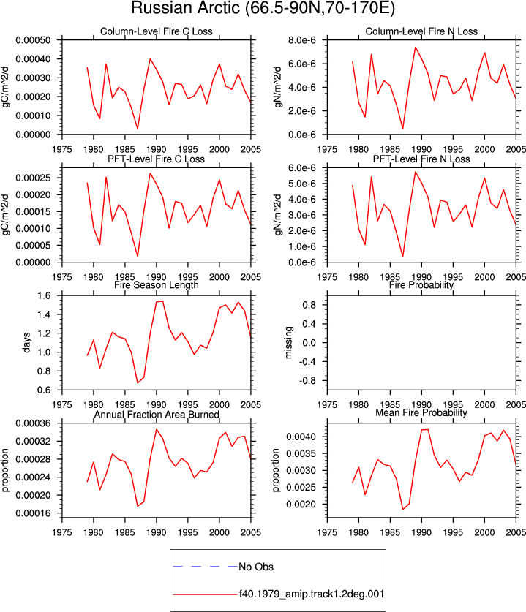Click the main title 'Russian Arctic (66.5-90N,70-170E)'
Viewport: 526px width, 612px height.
(x=263, y=8)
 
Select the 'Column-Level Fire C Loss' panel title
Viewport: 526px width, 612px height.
(x=157, y=31)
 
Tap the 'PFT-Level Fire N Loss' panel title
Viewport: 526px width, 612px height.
(x=421, y=159)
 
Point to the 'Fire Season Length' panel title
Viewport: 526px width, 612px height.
(x=157, y=285)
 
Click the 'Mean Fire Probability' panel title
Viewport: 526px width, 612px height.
(x=421, y=412)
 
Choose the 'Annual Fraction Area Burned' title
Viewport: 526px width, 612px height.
(x=157, y=414)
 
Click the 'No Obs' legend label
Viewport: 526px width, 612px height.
(x=256, y=567)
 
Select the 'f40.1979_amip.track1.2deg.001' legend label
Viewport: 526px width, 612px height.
(x=312, y=594)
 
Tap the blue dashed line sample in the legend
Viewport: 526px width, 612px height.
(x=206, y=567)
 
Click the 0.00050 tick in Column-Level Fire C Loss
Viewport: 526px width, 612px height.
(x=33, y=40)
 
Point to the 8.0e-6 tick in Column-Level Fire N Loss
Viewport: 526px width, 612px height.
(x=302, y=40)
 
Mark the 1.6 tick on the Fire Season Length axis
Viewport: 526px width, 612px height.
(x=44, y=295)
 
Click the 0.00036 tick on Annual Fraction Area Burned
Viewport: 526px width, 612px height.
(x=33, y=423)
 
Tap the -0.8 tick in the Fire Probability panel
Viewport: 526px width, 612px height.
(x=308, y=380)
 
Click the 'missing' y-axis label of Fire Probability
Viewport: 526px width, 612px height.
(x=288, y=342)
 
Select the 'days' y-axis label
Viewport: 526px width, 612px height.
(x=26, y=343)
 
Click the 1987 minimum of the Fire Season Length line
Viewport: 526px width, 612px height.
(x=138, y=383)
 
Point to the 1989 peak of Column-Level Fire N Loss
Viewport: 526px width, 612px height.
(x=415, y=48)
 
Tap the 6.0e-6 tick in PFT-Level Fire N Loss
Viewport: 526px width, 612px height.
(x=302, y=168)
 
